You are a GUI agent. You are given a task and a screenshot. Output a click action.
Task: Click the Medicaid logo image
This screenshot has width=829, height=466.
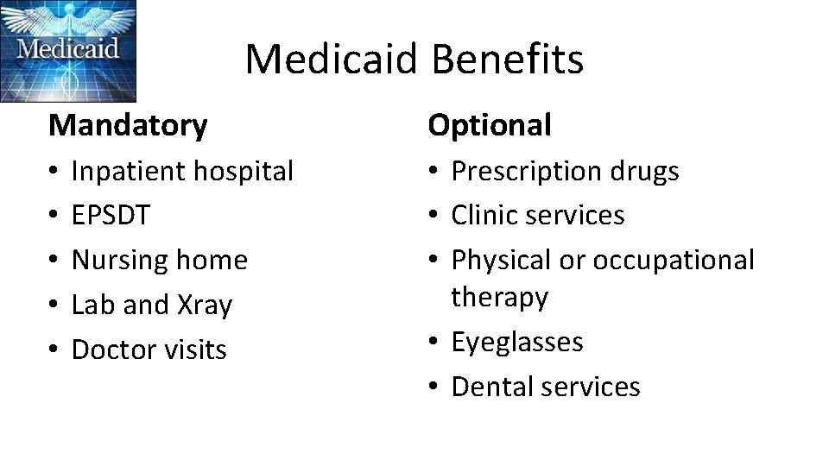[68, 51]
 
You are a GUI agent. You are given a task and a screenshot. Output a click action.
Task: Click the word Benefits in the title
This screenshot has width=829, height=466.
[507, 60]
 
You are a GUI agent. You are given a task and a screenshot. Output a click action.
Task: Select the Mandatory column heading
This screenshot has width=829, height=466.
[128, 126]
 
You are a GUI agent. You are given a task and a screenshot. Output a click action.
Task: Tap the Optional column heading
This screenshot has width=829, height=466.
[490, 126]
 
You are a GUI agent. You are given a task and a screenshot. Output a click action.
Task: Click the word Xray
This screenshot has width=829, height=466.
[205, 305]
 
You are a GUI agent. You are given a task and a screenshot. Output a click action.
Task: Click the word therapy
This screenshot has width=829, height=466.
[500, 298]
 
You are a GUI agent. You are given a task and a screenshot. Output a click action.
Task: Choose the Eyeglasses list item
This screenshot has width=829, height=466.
[517, 343]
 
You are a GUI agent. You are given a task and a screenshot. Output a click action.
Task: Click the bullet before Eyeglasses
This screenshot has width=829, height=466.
[435, 343]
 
